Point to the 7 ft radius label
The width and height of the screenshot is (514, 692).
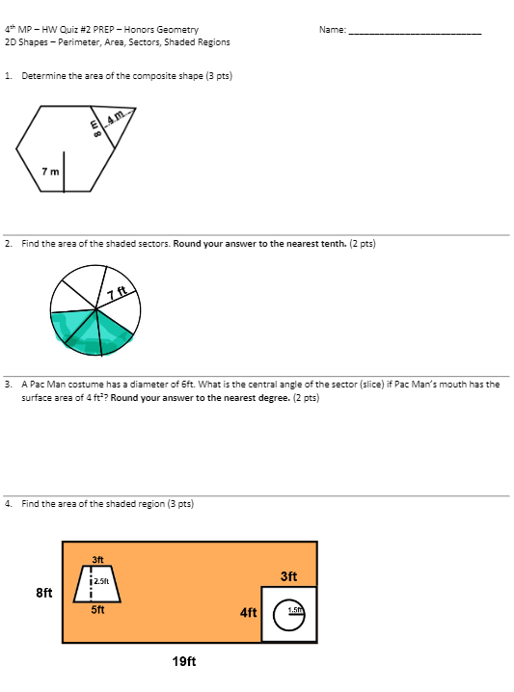(x=117, y=293)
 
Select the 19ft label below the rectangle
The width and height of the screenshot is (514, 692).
(x=184, y=661)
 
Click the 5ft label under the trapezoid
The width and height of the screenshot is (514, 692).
(x=97, y=609)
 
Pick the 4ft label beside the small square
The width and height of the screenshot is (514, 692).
(x=249, y=612)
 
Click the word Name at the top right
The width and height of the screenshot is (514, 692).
(x=332, y=30)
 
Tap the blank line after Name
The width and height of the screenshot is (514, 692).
(x=415, y=32)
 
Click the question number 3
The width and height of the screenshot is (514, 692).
(x=8, y=384)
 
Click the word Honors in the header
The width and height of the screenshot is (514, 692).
(x=138, y=30)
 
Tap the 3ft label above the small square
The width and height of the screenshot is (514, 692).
(x=288, y=577)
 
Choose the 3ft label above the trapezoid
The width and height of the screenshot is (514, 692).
(x=97, y=559)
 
